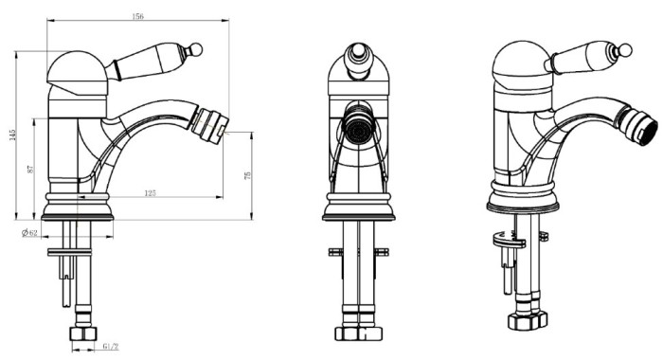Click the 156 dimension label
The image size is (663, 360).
[x=138, y=16]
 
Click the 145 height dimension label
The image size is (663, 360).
[x=12, y=135]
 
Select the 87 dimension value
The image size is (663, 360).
[x=30, y=170]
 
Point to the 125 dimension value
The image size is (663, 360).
[x=150, y=193]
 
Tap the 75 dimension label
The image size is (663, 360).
[x=248, y=175]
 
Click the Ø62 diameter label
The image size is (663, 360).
[x=29, y=233]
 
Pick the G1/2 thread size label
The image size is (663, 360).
[x=111, y=347]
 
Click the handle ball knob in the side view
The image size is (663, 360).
[x=195, y=50]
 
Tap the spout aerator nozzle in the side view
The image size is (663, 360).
[x=209, y=125]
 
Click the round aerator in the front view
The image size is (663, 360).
[x=358, y=128]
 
